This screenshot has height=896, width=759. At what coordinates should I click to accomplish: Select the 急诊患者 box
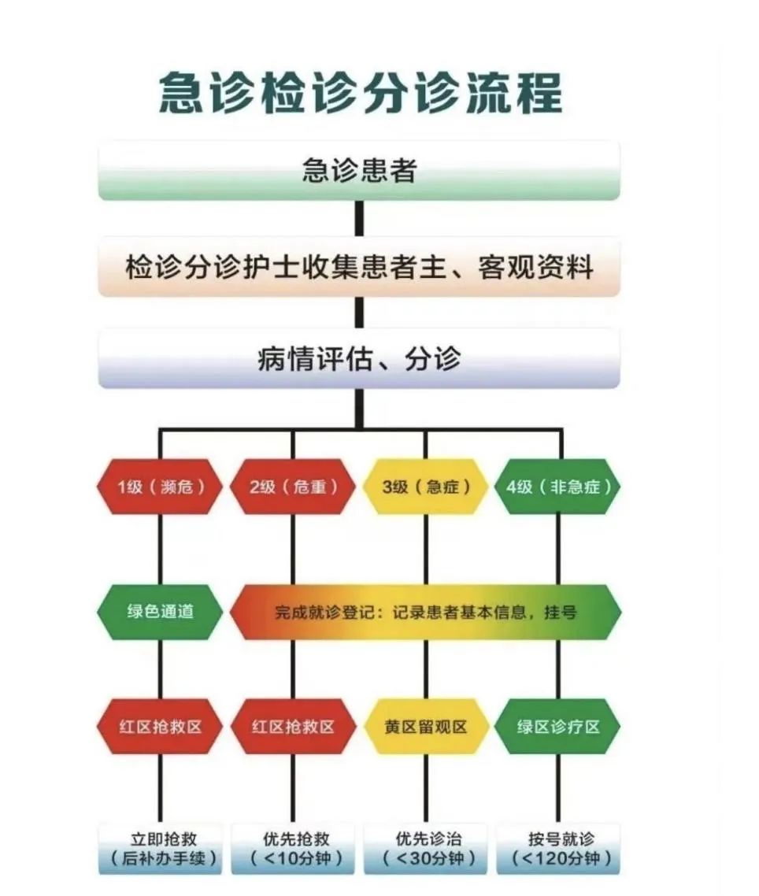pos(359,170)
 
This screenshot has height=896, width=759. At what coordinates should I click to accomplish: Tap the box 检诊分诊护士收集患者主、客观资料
pos(359,267)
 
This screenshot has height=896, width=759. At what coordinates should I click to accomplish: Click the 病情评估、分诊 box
pos(359,359)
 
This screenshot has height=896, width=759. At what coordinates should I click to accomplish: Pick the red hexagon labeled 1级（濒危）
pos(160,487)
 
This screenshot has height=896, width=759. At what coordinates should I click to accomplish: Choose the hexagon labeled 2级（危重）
pos(293,487)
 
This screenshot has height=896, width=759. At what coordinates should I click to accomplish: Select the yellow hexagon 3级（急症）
pos(426,487)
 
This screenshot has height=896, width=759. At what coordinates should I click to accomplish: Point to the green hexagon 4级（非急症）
pos(557,487)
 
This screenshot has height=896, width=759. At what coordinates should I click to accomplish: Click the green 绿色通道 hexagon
pos(160,612)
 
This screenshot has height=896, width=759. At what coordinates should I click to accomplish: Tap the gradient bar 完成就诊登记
pos(426,612)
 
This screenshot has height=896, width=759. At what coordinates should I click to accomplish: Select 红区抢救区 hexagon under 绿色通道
pos(160,727)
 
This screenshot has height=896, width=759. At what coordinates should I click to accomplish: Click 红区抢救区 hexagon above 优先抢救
pos(293,727)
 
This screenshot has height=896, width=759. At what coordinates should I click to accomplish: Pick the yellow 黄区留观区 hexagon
pos(426,727)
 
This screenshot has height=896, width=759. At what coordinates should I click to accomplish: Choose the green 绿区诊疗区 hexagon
pos(557,727)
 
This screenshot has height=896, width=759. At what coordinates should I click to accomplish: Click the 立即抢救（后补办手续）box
pos(160,849)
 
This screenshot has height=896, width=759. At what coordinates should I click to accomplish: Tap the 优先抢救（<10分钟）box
pos(293,849)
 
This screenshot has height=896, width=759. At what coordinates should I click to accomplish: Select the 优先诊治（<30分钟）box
pos(426,849)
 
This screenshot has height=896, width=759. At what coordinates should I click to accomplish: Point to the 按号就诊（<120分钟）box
pos(557,849)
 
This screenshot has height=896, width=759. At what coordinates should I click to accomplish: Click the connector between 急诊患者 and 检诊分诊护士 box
pos(359,218)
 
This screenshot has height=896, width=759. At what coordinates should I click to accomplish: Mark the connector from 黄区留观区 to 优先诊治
pos(426,789)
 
